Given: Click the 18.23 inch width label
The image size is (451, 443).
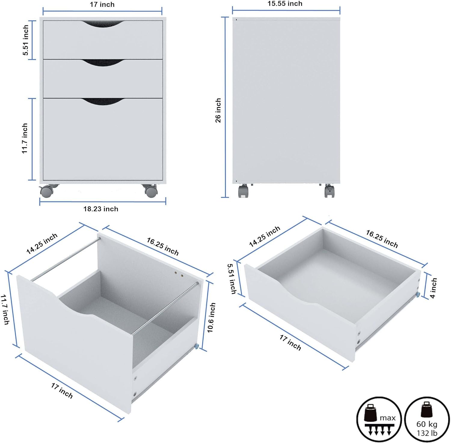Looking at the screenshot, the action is (101, 209).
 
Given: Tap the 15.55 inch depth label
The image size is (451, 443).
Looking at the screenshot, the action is (285, 4).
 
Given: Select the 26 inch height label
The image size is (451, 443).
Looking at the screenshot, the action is (218, 110).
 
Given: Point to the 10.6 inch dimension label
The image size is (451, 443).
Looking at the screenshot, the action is (211, 318).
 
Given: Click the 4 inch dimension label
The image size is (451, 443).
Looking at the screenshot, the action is (433, 288).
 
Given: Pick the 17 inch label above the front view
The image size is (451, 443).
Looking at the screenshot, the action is (102, 5).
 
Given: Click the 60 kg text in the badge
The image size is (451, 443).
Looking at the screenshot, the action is (427, 424).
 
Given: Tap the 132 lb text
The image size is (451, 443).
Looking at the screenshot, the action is (427, 433).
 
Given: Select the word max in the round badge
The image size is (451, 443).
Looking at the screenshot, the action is (388, 418).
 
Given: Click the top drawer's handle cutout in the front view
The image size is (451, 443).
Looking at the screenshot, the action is (103, 24).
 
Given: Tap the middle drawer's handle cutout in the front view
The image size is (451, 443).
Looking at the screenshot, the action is (103, 63).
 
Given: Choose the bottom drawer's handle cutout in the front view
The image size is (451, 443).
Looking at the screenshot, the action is (103, 102).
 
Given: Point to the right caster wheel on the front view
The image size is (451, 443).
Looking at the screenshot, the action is (150, 191).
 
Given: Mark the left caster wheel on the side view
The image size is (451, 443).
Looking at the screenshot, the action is (244, 191).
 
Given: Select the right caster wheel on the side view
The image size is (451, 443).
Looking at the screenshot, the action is (330, 191).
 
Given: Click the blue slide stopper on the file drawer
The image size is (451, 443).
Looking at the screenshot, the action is (196, 347).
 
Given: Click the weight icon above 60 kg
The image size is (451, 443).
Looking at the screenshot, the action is (427, 409).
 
